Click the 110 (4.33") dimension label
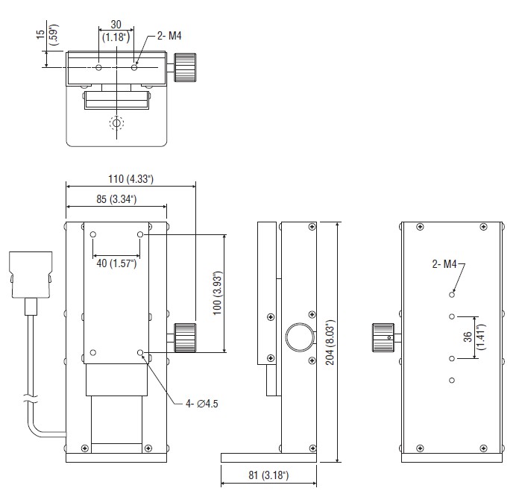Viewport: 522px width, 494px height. coord(130,179)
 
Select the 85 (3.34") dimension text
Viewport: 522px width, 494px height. coord(116,198)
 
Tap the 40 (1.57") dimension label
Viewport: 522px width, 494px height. coord(116,263)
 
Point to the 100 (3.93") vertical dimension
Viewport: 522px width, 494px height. coord(217,293)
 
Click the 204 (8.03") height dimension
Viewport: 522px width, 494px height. coord(330,343)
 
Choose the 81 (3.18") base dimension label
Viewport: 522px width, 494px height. coord(268,475)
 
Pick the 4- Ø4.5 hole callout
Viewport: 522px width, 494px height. coord(202,404)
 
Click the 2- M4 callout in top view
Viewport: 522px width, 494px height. coord(169,36)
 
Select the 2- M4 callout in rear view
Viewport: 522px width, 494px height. coord(444,264)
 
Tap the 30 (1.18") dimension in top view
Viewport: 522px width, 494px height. coord(116,31)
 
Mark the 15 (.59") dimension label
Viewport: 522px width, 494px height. coord(47,34)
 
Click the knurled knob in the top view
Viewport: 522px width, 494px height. coord(186,67)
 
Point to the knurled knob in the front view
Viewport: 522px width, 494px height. coord(185,337)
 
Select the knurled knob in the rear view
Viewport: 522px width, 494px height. coord(383,337)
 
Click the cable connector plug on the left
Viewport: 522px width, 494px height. coord(31,275)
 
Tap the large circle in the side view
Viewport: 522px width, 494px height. coord(300,337)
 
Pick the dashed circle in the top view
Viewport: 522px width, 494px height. coord(116,123)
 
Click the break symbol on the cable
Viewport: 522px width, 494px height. coord(31,398)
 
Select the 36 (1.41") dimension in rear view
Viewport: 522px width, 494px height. coord(475,337)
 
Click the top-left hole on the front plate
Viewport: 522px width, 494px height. coord(93,234)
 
